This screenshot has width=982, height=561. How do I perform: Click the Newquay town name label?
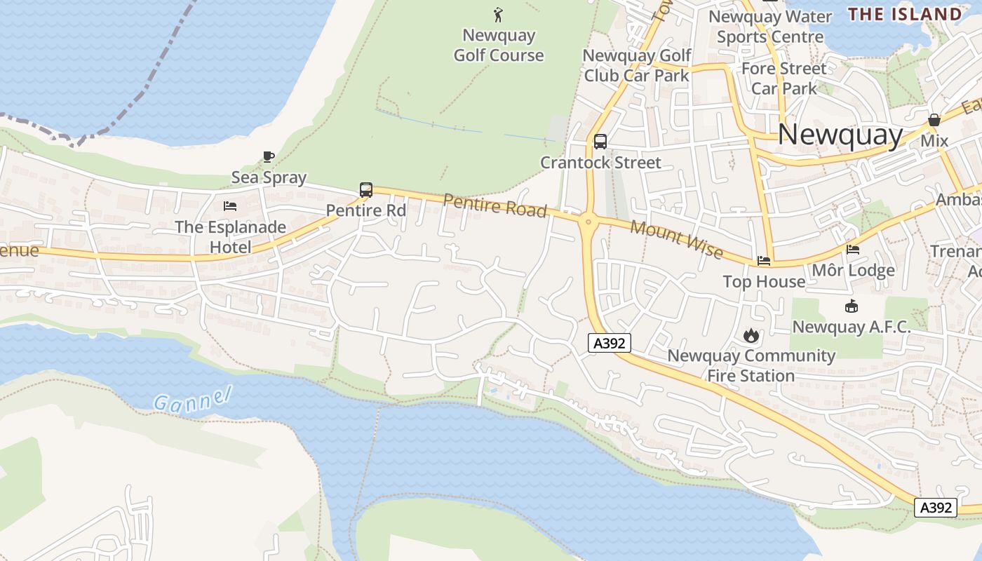pyautogui.click(x=840, y=134)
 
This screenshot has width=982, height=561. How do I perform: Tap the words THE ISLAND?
pyautogui.click(x=905, y=14)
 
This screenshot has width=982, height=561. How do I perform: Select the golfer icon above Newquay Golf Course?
pyautogui.click(x=498, y=15)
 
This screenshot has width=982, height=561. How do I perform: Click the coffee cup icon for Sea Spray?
pyautogui.click(x=268, y=156)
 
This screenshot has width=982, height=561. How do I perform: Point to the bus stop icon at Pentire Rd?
pyautogui.click(x=365, y=189)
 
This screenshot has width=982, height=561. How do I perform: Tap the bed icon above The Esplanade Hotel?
pyautogui.click(x=229, y=206)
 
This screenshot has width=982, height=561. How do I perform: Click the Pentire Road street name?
pyautogui.click(x=495, y=206)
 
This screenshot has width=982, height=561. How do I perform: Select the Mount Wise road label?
pyautogui.click(x=676, y=238)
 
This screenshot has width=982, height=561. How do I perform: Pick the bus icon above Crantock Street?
pyautogui.click(x=600, y=142)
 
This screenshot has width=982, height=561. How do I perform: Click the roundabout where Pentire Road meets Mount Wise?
pyautogui.click(x=588, y=223)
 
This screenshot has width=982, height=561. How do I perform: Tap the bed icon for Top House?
pyautogui.click(x=764, y=261)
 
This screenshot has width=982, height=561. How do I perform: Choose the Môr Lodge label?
pyautogui.click(x=853, y=270)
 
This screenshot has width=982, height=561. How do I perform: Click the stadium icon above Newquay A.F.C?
pyautogui.click(x=852, y=306)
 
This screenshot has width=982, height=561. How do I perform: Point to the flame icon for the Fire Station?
pyautogui.click(x=751, y=335)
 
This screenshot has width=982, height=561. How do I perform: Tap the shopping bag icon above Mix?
pyautogui.click(x=934, y=121)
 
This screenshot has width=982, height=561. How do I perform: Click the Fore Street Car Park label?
pyautogui.click(x=784, y=79)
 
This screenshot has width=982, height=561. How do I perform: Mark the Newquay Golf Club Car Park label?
pyautogui.click(x=637, y=65)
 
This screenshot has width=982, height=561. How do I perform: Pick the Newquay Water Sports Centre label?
pyautogui.click(x=770, y=26)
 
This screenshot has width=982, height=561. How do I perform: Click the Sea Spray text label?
pyautogui.click(x=269, y=177)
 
